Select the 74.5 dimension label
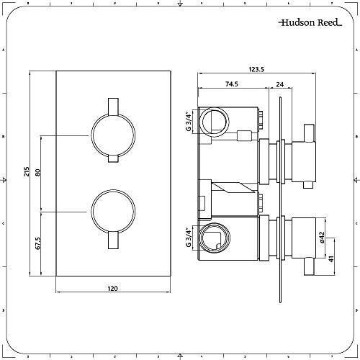(232, 84)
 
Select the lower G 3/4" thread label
(188, 235)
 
